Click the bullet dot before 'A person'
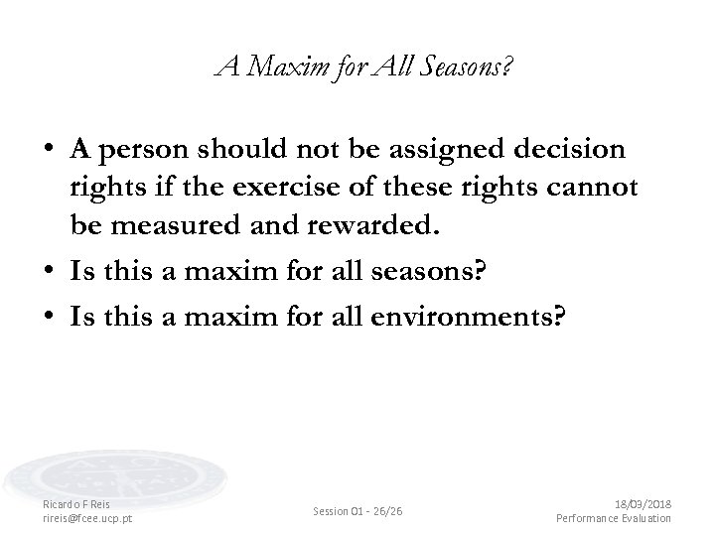click(48, 151)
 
